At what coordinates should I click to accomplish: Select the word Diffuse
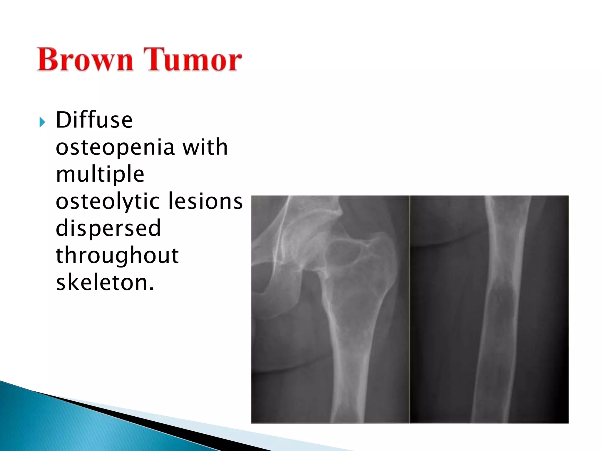coord(94,120)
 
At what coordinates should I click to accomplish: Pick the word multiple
coord(100,174)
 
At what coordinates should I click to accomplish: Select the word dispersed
coord(108,228)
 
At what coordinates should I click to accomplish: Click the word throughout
coord(117,255)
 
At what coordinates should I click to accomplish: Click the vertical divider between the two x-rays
coord(409,308)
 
